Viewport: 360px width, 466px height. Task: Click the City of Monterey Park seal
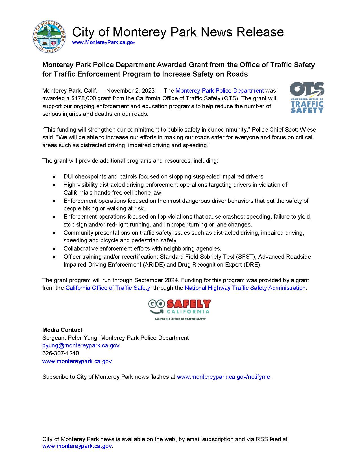pyautogui.click(x=49, y=36)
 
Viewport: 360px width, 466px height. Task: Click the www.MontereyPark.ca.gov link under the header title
pyautogui.click(x=104, y=42)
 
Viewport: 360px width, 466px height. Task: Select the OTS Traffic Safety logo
pyautogui.click(x=307, y=98)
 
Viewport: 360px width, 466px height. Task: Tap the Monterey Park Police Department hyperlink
pyautogui.click(x=219, y=91)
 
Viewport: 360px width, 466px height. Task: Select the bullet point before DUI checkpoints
pyautogui.click(x=54, y=177)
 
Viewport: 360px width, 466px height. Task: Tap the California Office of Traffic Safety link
pyautogui.click(x=108, y=288)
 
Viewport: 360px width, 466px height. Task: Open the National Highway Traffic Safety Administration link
pyautogui.click(x=245, y=288)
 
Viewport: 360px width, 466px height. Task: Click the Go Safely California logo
pyautogui.click(x=180, y=309)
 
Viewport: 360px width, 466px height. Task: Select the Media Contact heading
pyautogui.click(x=62, y=330)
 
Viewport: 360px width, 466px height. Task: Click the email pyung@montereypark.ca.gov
pyautogui.click(x=81, y=345)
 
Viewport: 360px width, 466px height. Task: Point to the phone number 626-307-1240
pyautogui.click(x=60, y=353)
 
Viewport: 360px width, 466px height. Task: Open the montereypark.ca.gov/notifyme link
pyautogui.click(x=223, y=377)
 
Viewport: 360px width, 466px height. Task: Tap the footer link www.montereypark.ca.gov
pyautogui.click(x=77, y=446)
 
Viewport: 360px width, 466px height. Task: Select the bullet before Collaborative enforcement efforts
pyautogui.click(x=54, y=249)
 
